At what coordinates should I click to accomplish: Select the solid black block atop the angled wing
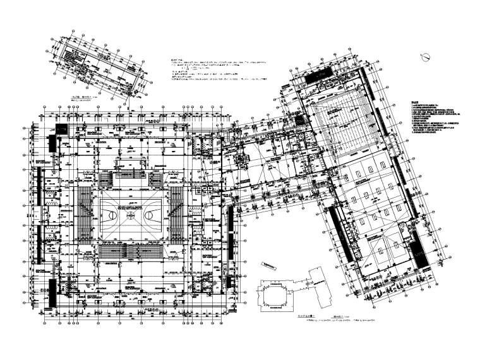(x=316, y=75)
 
